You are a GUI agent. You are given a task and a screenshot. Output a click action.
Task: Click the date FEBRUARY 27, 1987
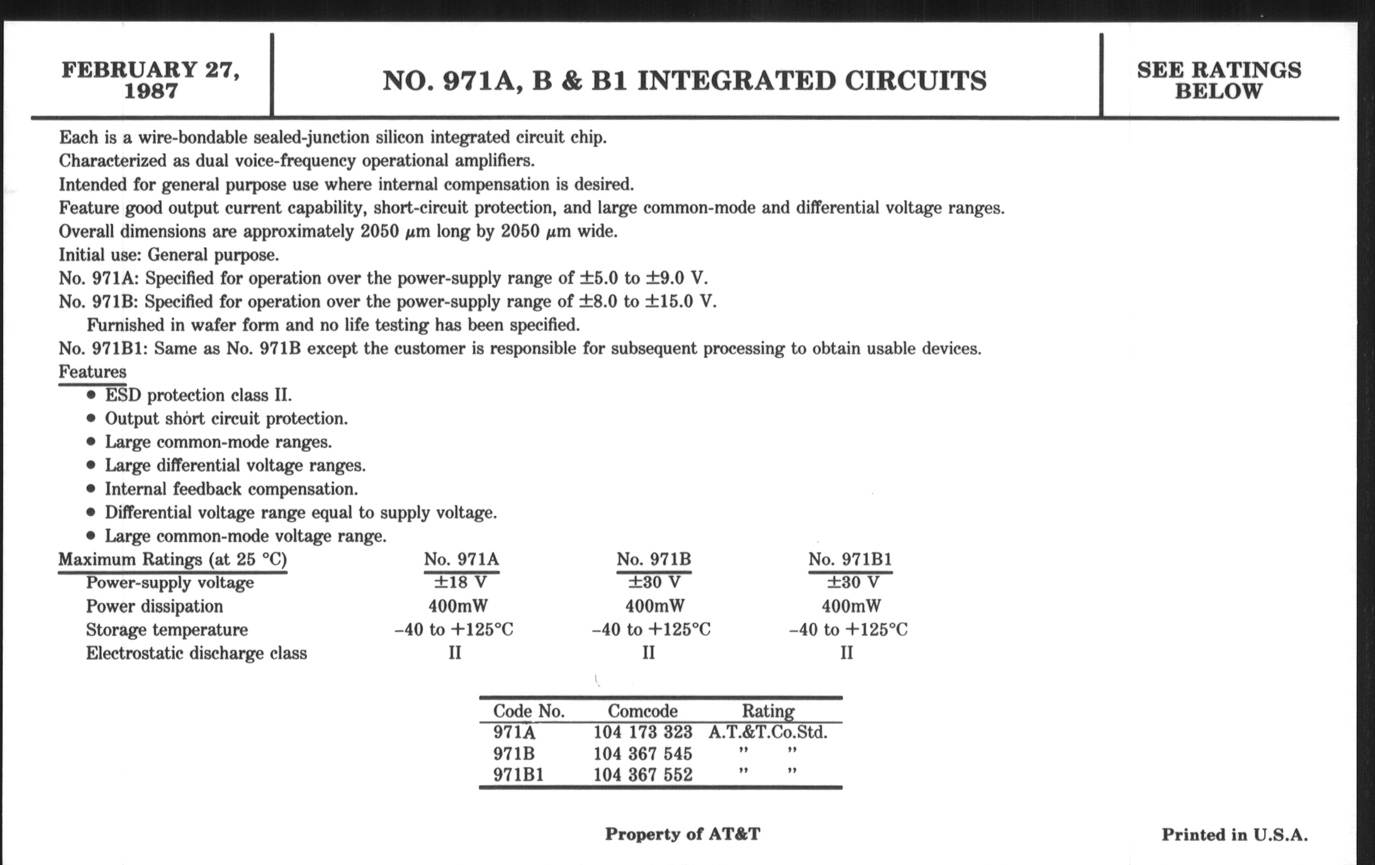tap(151, 80)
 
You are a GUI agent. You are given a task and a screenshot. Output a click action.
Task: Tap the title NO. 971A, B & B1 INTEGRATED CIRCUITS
tap(684, 80)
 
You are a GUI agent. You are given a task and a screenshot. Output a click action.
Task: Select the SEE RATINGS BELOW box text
tap(1218, 80)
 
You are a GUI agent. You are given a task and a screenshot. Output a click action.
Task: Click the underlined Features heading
tap(93, 371)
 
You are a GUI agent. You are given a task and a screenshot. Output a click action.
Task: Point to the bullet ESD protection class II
tap(197, 395)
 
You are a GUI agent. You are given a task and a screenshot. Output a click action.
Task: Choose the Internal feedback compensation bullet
tap(231, 488)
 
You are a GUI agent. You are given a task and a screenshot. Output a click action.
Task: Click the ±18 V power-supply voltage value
tap(460, 582)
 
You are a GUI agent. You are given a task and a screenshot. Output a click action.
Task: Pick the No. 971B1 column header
tap(850, 559)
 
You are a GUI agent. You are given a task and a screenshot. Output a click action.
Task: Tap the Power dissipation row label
tap(154, 606)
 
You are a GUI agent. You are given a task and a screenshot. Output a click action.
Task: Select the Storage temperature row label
tap(167, 629)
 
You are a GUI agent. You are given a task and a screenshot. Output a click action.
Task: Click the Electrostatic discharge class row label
tap(196, 652)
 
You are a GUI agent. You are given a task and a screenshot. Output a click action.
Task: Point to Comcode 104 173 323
tap(642, 732)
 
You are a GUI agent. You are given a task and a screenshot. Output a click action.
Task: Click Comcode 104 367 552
tap(642, 775)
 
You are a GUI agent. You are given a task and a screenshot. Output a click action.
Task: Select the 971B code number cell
tap(514, 754)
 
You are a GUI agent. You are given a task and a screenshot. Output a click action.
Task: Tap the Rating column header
tap(767, 711)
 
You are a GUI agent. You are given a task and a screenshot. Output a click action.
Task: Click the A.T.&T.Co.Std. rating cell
tap(767, 732)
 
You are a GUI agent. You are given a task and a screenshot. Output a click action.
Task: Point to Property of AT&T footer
tap(682, 834)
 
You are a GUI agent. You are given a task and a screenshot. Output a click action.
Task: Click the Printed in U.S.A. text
tap(1235, 834)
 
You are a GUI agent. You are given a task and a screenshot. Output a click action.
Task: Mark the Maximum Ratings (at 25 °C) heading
tap(172, 559)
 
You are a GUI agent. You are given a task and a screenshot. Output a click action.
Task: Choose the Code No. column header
tap(529, 711)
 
